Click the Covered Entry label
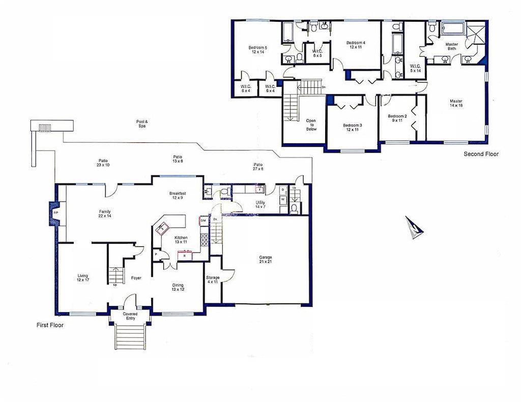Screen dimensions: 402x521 130,316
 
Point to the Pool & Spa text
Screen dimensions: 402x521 141,124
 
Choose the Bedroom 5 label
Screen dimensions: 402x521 257,50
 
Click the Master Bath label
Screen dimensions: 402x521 451,46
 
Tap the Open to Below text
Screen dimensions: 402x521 311,125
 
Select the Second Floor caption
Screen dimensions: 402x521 481,154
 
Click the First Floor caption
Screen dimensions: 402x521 50,325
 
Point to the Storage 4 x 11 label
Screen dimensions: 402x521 213,280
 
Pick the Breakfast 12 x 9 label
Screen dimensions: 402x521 178,196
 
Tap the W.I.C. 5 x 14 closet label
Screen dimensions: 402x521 415,68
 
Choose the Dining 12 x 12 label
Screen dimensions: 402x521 177,288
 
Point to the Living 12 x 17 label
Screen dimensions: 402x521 82,278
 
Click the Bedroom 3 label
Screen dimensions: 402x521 352,128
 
